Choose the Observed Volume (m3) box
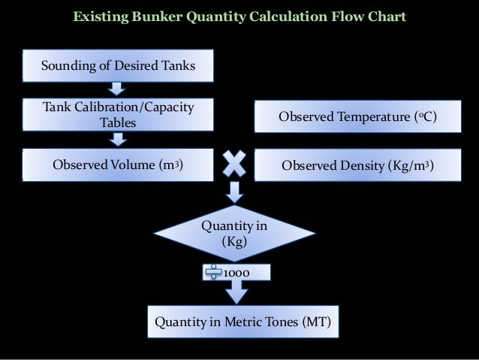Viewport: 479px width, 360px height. click(118, 165)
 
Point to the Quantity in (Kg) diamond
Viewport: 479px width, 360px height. click(235, 234)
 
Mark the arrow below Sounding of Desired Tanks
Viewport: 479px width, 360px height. click(118, 89)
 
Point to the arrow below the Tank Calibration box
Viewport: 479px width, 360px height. click(118, 140)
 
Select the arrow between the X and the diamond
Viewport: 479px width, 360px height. click(235, 192)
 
